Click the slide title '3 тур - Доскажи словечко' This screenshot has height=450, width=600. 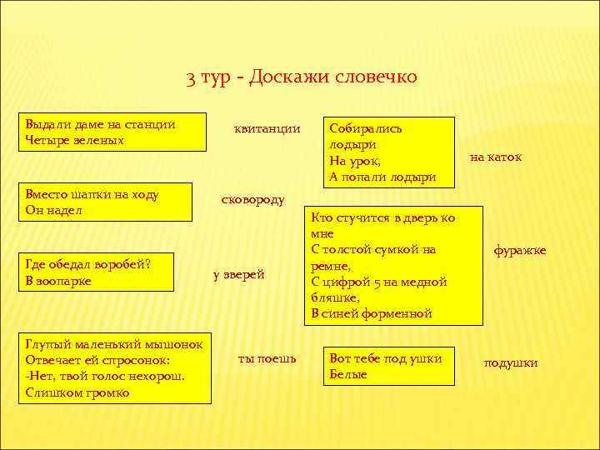pos(301,77)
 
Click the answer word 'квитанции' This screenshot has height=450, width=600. pos(267,128)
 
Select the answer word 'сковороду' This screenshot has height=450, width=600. pos(252,199)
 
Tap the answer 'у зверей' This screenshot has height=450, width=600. pos(238,274)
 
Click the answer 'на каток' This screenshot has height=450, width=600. pos(496,157)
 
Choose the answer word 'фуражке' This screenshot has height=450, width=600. pos(519,250)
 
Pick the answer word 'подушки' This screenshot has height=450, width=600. pos(511,362)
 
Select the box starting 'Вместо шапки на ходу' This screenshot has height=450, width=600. pos(107,202)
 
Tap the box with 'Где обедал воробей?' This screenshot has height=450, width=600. pos(98,272)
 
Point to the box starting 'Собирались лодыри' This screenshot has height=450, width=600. pos(390,152)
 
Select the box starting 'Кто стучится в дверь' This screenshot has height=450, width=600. pos(392,265)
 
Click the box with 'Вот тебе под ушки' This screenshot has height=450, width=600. pos(390,366)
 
